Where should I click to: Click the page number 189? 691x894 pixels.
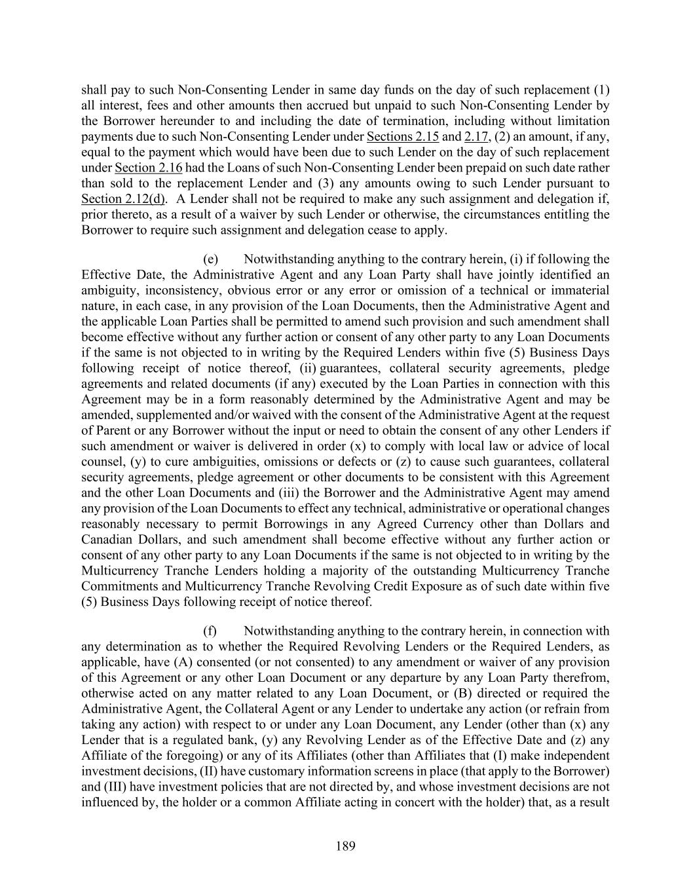(345, 846)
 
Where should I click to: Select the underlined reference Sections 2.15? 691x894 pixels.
(402, 136)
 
